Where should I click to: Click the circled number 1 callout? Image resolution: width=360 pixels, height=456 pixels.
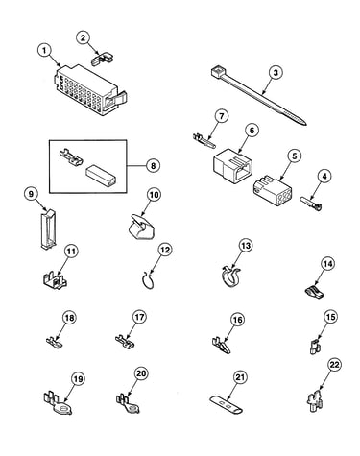(45, 50)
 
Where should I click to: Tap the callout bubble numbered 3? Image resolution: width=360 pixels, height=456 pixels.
(276, 73)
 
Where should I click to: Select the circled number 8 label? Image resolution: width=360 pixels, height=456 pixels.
(153, 166)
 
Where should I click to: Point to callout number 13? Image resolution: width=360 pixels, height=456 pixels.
(246, 246)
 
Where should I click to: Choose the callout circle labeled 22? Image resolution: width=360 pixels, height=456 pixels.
(334, 365)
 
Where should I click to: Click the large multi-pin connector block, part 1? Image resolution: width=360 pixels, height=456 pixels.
(90, 90)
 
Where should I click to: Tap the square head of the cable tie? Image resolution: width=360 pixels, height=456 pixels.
(217, 71)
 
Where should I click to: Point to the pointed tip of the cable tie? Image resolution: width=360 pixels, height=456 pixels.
(304, 123)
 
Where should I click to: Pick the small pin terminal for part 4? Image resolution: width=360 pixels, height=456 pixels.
(310, 204)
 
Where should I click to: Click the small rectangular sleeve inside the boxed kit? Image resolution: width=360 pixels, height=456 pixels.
(101, 176)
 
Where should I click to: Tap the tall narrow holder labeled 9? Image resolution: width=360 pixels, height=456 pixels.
(48, 228)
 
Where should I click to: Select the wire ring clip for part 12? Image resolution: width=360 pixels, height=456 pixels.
(148, 280)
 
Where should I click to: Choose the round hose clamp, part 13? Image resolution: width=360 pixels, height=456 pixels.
(231, 276)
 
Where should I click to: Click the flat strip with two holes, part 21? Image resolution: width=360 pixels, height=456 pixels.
(227, 404)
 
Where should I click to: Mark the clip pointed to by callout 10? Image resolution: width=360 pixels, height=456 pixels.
(139, 227)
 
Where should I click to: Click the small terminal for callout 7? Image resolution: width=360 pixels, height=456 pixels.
(204, 140)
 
